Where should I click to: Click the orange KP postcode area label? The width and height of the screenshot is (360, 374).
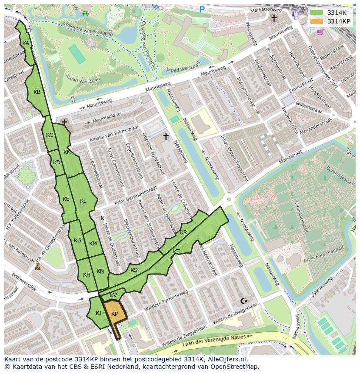(x=114, y=314)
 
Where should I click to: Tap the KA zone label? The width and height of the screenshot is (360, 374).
(x=26, y=43)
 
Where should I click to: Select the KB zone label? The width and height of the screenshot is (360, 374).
(x=37, y=92)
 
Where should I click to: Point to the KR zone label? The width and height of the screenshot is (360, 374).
(x=183, y=232)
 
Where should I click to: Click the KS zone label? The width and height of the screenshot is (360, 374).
(x=134, y=270)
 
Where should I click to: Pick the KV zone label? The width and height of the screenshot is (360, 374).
(x=113, y=295)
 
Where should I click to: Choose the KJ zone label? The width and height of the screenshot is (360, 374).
(x=98, y=313)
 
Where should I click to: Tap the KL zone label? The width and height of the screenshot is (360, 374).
(x=83, y=201)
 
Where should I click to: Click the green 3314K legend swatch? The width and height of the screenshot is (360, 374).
(x=317, y=13)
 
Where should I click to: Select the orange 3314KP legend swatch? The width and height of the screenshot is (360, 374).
(x=317, y=21)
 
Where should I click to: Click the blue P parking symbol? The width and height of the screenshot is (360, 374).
(x=202, y=9)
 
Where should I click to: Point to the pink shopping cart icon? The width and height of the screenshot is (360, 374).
(x=320, y=32)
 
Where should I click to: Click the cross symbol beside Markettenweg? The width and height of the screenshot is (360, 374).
(x=274, y=18)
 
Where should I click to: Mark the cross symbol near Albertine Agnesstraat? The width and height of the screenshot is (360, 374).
(x=166, y=136)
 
